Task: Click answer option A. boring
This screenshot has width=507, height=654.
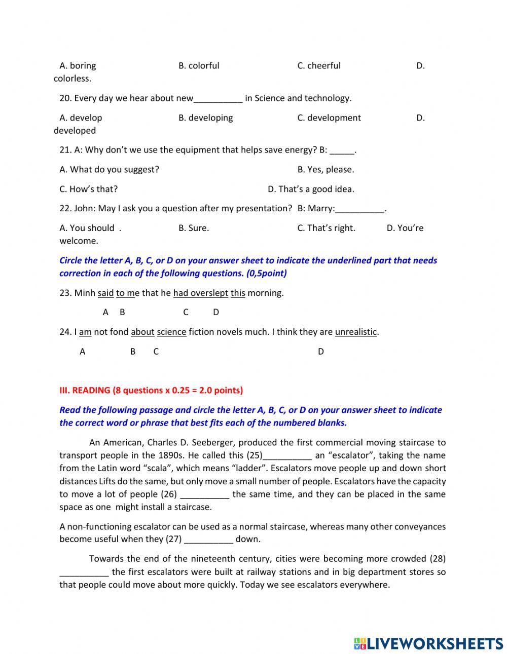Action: tap(78, 65)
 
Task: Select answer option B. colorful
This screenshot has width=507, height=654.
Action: tap(199, 65)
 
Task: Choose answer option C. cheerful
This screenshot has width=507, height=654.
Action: tap(319, 65)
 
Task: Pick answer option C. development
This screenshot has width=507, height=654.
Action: tap(329, 118)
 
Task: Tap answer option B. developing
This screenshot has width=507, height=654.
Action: tap(205, 118)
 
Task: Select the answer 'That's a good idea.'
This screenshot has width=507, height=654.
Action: tap(311, 189)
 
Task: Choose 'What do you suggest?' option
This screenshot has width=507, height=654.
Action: tap(109, 169)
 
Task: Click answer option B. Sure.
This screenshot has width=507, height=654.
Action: tap(194, 228)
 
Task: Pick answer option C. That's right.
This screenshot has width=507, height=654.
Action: tap(326, 228)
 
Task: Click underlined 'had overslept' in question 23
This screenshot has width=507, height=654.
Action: tap(201, 293)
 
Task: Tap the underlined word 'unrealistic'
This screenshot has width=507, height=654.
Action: tap(356, 332)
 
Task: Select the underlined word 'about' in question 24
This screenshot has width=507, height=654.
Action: tap(142, 332)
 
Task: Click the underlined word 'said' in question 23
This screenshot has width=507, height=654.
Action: tap(105, 293)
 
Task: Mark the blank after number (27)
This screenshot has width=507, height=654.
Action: tap(208, 540)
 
